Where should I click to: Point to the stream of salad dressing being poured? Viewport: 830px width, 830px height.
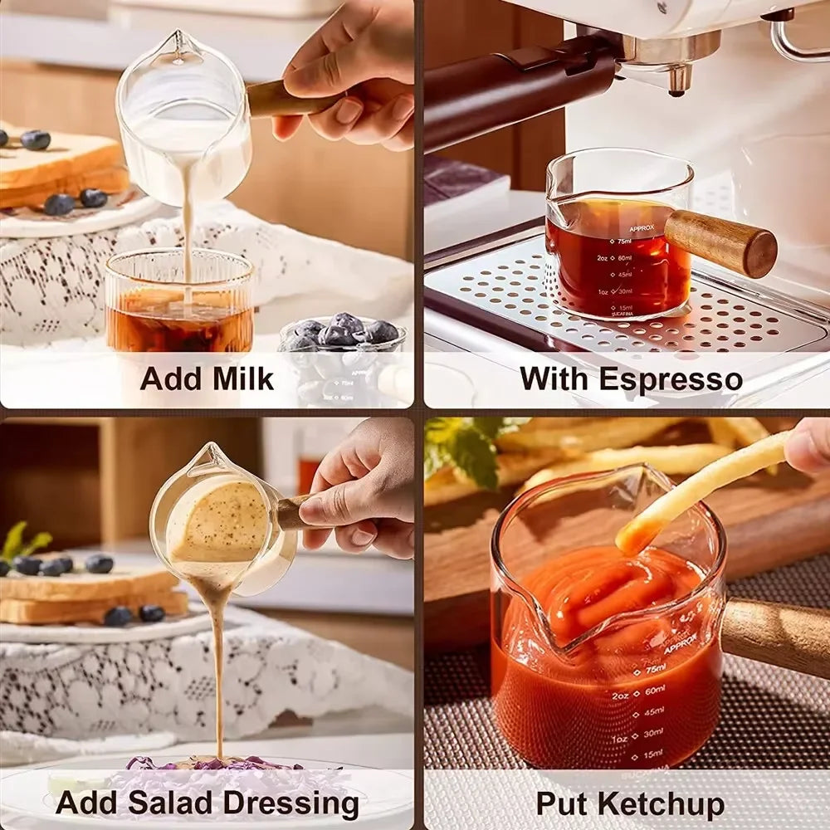tap(218, 664)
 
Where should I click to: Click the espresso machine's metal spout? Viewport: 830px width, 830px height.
tap(680, 78)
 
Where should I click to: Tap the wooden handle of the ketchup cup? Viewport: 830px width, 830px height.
tap(776, 634)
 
